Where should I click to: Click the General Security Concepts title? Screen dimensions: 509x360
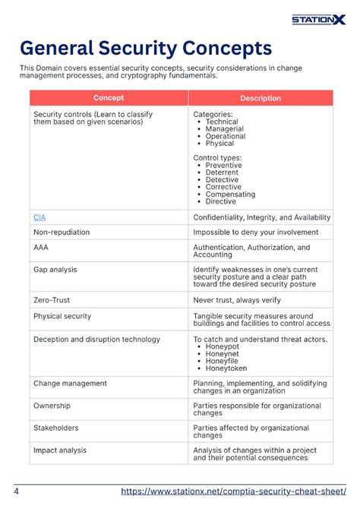[145, 49]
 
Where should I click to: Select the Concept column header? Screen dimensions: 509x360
[109, 98]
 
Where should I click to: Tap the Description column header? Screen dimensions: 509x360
[260, 98]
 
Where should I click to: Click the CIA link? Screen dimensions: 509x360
[39, 217]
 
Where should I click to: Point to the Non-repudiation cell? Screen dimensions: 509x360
[62, 232]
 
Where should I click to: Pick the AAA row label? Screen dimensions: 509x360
[41, 248]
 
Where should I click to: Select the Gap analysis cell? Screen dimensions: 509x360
[55, 270]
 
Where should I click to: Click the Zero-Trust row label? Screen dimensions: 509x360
[52, 300]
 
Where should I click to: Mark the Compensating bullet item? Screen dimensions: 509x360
[230, 194]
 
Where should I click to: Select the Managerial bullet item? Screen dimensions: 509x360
[224, 128]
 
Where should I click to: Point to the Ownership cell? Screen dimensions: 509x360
[52, 406]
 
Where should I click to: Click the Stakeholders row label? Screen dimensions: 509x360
[56, 428]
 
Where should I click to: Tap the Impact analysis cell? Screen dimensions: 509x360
[60, 451]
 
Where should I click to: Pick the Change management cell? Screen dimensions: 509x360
[70, 384]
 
